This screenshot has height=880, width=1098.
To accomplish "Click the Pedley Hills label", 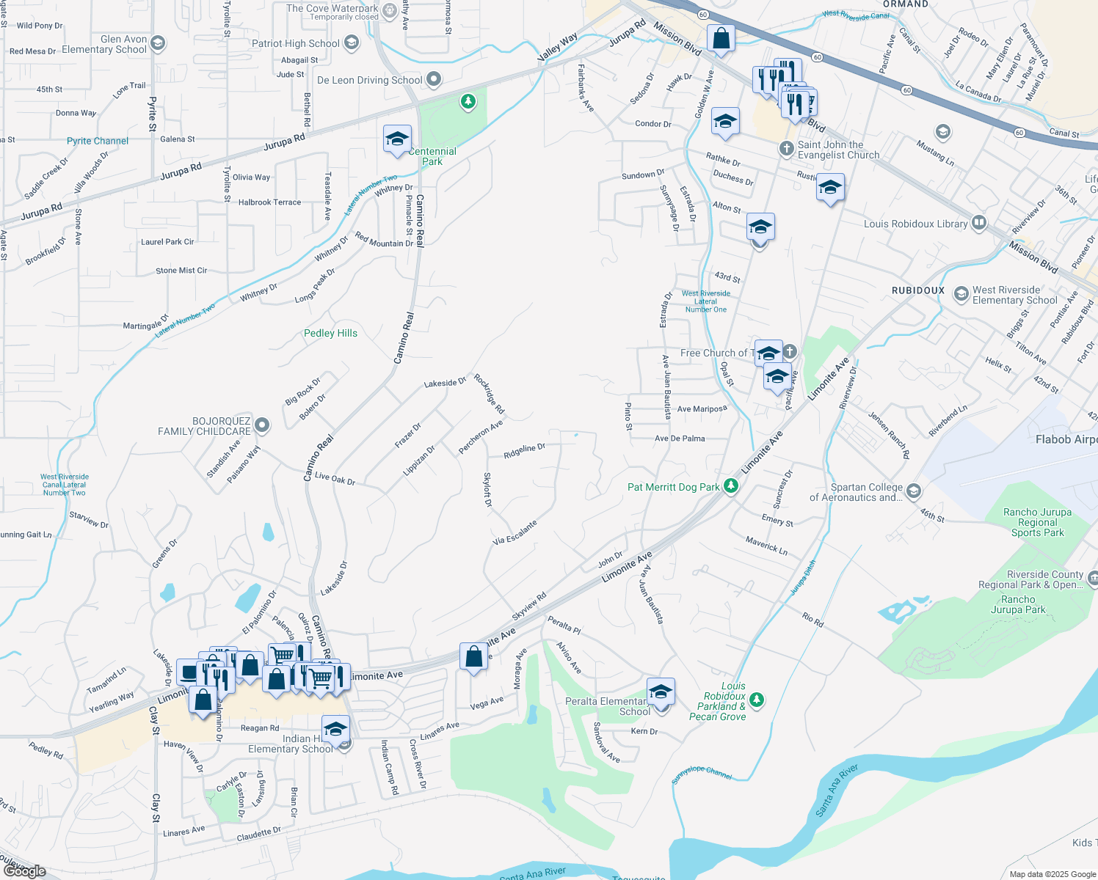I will click(330, 333).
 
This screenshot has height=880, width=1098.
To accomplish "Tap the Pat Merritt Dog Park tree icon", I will click(730, 486).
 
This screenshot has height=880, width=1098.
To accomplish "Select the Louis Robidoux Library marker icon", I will click(978, 223).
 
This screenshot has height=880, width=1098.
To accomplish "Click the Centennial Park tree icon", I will click(468, 101).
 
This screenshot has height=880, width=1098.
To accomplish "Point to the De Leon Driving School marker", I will click(434, 79).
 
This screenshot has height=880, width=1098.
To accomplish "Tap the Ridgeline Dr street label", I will click(524, 450).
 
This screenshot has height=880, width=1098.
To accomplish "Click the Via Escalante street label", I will click(515, 532).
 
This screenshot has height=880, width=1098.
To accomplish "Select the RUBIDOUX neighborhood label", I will click(917, 290).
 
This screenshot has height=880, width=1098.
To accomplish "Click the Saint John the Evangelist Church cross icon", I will click(786, 149).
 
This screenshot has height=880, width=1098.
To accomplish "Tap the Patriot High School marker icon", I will click(352, 43).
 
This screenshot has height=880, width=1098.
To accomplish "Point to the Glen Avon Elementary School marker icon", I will click(159, 44).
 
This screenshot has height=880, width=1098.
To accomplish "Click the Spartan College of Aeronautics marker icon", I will click(913, 491).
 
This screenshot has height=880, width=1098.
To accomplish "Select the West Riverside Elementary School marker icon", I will click(961, 294).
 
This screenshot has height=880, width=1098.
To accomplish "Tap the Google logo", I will click(24, 870).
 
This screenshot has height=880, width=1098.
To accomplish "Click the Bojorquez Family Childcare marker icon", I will click(261, 425).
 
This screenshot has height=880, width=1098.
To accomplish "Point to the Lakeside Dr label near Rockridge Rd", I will click(445, 383).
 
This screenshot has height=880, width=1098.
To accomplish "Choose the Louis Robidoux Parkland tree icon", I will click(757, 700).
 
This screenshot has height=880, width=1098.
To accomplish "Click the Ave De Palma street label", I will click(680, 439).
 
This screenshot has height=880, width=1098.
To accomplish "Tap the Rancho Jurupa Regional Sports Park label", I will click(1037, 522).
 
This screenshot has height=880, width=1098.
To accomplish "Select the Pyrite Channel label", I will click(98, 141).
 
